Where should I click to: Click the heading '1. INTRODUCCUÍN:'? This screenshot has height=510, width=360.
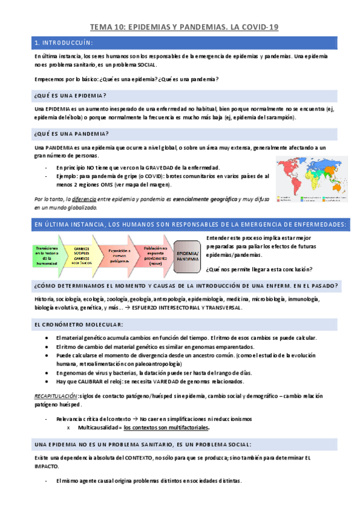62,43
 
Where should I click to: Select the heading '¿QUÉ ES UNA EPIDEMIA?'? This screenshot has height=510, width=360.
71,96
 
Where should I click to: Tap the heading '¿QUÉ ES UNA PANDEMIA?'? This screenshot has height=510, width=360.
72,134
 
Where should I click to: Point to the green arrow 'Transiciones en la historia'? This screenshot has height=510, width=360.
46,256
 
